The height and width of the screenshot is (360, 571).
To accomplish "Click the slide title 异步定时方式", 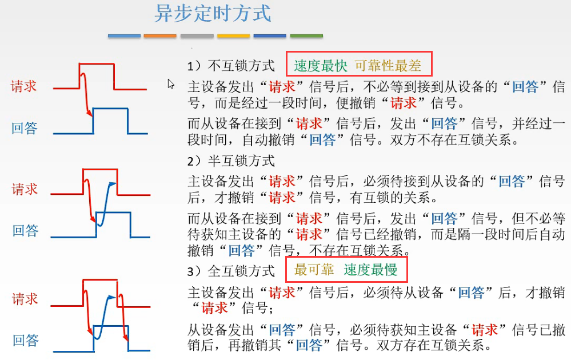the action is coord(213,14).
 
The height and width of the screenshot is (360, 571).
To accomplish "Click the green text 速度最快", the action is coord(321,66).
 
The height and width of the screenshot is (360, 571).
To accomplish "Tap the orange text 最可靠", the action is coord(314,269).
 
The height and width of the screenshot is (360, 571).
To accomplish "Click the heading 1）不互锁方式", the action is coord(231,66).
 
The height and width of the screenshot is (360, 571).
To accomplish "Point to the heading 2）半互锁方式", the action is coord(231,160).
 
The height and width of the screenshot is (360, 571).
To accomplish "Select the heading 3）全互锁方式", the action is coord(231,270).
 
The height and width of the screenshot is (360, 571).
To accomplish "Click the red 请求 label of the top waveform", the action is coord(24,86).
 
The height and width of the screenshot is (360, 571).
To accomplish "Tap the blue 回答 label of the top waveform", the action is coord(24,128).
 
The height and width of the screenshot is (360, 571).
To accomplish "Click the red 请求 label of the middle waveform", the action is coord(25,189).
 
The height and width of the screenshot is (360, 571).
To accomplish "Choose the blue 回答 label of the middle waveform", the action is coord(25,230).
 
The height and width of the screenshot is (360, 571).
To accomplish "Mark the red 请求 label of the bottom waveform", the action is coord(25,298).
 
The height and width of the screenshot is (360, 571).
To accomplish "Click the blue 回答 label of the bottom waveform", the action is coord(25,341).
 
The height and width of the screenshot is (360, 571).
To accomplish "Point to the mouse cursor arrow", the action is coord(170,83).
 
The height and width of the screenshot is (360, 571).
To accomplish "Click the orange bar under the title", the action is coord(160,36).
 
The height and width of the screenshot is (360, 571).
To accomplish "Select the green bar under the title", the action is coord(306,36).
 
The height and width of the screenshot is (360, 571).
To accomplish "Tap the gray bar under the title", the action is coord(197,36).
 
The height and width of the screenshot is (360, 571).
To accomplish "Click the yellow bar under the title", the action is coord(233,36).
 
